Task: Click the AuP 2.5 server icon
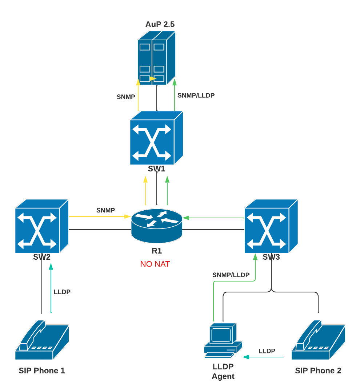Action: tap(156, 58)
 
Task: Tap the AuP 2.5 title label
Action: tap(160, 24)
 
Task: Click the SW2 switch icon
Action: tap(41, 226)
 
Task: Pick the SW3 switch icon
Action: tap(271, 226)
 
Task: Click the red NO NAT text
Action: tap(155, 264)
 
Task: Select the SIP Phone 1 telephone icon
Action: tap(42, 340)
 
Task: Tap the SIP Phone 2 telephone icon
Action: tap(318, 340)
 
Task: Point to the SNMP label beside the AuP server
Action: tap(126, 97)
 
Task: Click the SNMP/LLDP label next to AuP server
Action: tap(196, 96)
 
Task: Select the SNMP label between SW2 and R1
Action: tap(105, 210)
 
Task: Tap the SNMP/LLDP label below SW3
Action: tap(231, 275)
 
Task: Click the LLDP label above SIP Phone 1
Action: tap(62, 292)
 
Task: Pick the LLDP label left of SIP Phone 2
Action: tap(267, 351)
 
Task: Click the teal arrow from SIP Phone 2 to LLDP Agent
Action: tap(263, 357)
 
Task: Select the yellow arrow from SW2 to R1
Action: tap(100, 216)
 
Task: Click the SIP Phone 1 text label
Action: tap(42, 371)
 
